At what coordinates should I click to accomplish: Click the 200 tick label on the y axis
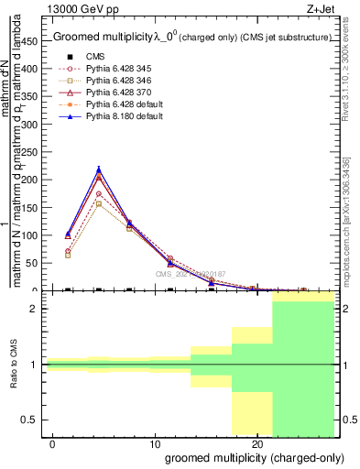coord(34,180)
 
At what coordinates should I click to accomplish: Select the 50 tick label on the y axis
coord(37,263)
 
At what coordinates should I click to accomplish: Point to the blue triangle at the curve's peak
coord(99,169)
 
